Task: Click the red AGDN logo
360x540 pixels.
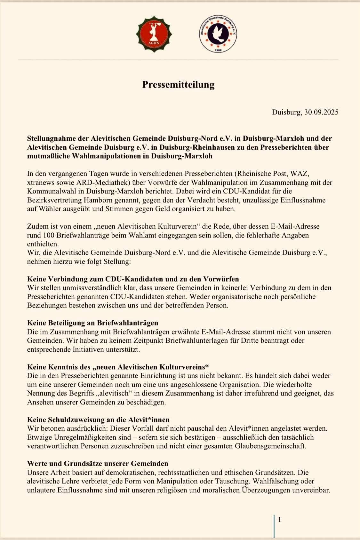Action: coord(154,34)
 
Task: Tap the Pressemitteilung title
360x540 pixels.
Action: coord(178,84)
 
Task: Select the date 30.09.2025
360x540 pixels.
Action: coord(321,112)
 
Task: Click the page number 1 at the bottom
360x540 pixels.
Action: coord(280,520)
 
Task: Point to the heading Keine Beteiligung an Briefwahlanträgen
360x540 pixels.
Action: coord(92,323)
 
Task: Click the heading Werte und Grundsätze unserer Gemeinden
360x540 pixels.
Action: coord(98,464)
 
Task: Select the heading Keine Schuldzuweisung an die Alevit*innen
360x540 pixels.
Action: coord(98,419)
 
